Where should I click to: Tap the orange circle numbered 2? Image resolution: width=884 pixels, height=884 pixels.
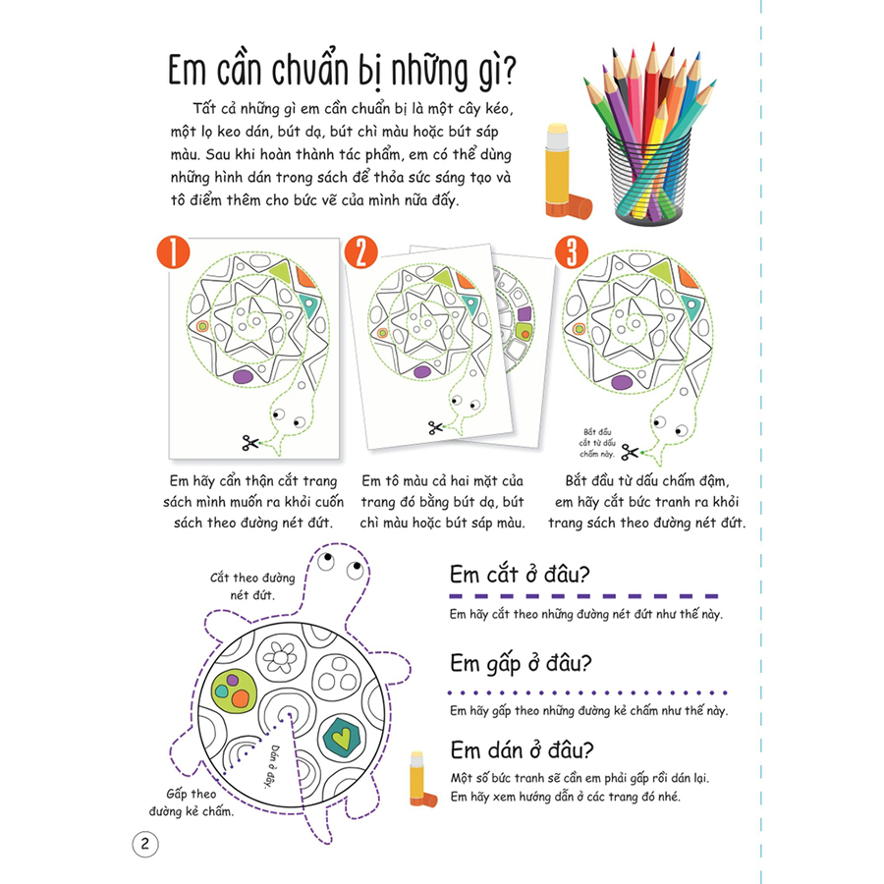pyautogui.click(x=361, y=253)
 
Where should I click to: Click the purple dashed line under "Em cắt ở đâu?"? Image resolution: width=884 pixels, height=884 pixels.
pyautogui.click(x=583, y=595)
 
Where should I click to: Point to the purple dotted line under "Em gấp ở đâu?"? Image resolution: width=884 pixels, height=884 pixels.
pyautogui.click(x=583, y=687)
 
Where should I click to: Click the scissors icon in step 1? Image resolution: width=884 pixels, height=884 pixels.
pyautogui.click(x=250, y=444)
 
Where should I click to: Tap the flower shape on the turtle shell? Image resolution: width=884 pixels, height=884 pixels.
pyautogui.click(x=287, y=652)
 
